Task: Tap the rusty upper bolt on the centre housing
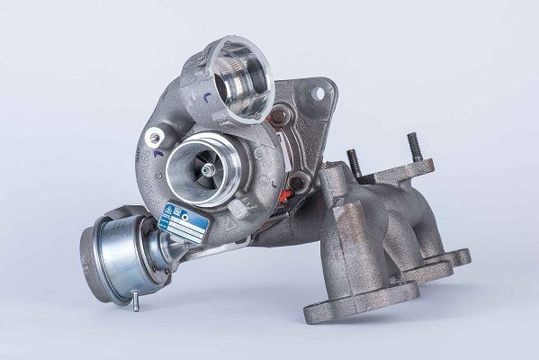(279, 115)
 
